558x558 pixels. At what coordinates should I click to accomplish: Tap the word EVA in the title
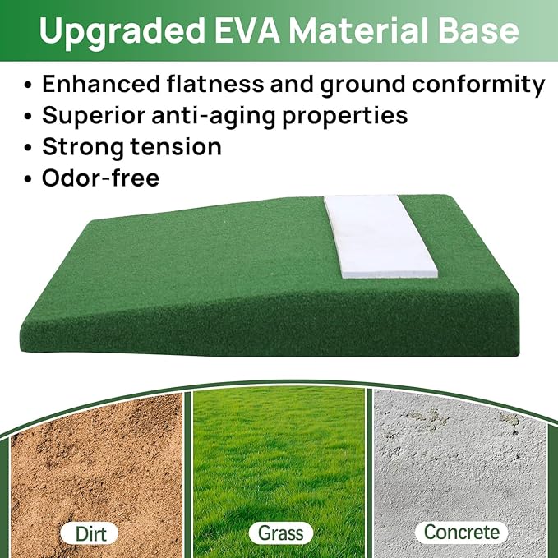tap(247, 30)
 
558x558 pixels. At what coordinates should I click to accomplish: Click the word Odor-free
tap(101, 178)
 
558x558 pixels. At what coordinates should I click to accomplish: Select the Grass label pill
tap(279, 532)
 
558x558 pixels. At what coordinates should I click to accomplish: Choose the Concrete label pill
tap(460, 532)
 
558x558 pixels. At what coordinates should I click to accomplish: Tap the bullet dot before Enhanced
tap(30, 85)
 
